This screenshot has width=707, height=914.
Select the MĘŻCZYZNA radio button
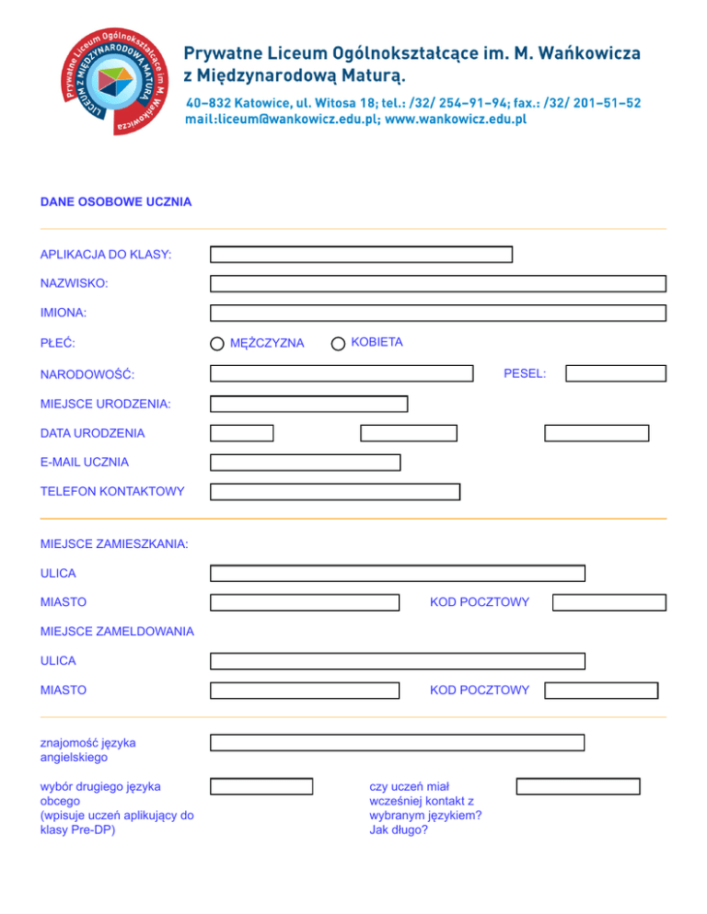(x=216, y=344)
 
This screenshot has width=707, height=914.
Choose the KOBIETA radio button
(x=339, y=343)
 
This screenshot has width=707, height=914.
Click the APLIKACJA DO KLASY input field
(x=361, y=255)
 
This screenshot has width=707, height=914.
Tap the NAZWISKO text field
(x=437, y=284)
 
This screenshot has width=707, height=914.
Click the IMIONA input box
(x=437, y=313)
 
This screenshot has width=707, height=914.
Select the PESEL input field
(x=616, y=373)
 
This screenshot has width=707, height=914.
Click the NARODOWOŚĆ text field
(x=342, y=373)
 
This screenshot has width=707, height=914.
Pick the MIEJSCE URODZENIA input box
(x=308, y=404)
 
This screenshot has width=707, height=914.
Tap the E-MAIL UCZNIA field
(x=305, y=463)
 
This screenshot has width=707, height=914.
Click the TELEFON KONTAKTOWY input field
(x=335, y=492)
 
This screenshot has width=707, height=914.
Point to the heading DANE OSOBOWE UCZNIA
(x=116, y=201)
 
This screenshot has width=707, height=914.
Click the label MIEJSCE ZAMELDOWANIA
(x=117, y=631)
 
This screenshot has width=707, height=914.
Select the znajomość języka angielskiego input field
(x=397, y=743)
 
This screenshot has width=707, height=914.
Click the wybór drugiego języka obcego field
(x=261, y=786)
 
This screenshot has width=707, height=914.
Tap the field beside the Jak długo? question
(x=577, y=786)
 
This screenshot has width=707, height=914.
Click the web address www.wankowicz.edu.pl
(x=455, y=120)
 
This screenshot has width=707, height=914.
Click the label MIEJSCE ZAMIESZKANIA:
(x=114, y=544)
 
